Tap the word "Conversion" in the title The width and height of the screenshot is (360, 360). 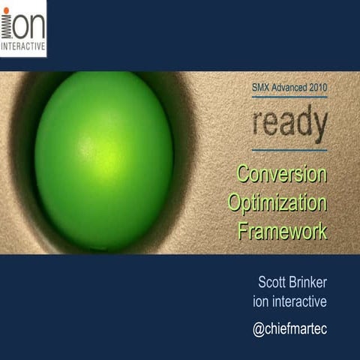pos(282,174)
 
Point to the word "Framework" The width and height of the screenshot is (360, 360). pos(282,231)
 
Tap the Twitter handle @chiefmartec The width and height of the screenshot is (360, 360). pos(289,329)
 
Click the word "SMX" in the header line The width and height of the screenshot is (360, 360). pos(262,88)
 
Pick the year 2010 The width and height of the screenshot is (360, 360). pos(318,88)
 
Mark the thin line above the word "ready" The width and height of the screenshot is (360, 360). pos(289,97)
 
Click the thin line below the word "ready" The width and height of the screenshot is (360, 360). pos(289,150)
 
